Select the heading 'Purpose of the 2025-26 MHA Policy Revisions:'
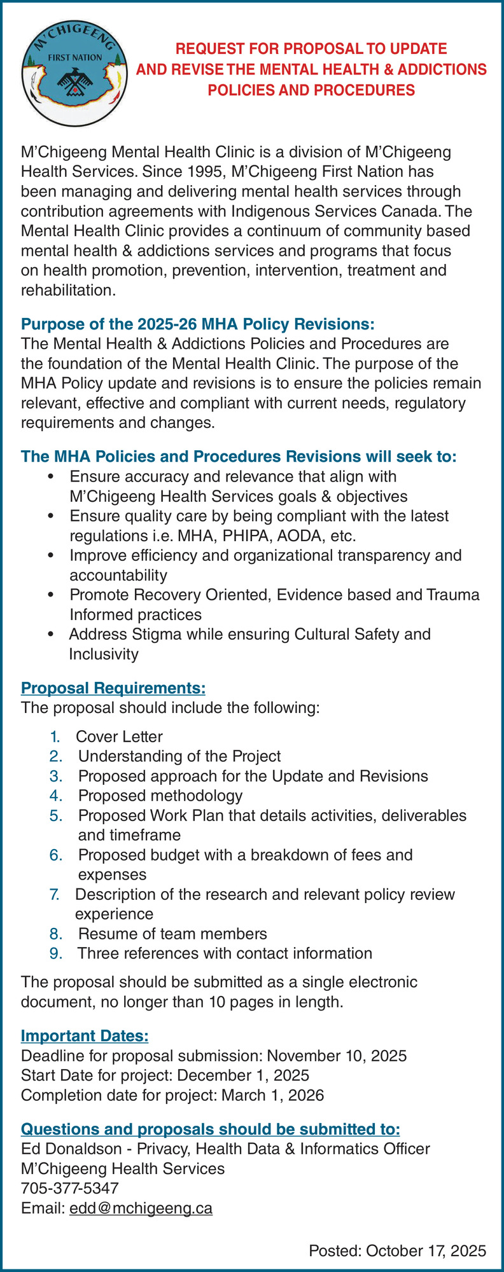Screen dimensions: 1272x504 (198, 324)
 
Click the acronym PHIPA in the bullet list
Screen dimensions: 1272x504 (243, 536)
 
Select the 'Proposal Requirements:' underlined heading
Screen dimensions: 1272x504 (113, 688)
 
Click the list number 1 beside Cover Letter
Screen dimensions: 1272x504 (55, 736)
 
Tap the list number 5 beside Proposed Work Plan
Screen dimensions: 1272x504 (55, 815)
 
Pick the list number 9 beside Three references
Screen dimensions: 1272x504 (55, 953)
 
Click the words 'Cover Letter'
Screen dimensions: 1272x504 (119, 736)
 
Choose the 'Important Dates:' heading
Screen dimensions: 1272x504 (85, 1035)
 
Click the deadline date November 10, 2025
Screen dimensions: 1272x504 (337, 1056)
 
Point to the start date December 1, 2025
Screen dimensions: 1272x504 (243, 1075)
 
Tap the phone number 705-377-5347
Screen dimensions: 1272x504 (70, 1188)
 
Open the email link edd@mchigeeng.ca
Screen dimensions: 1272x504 (141, 1208)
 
